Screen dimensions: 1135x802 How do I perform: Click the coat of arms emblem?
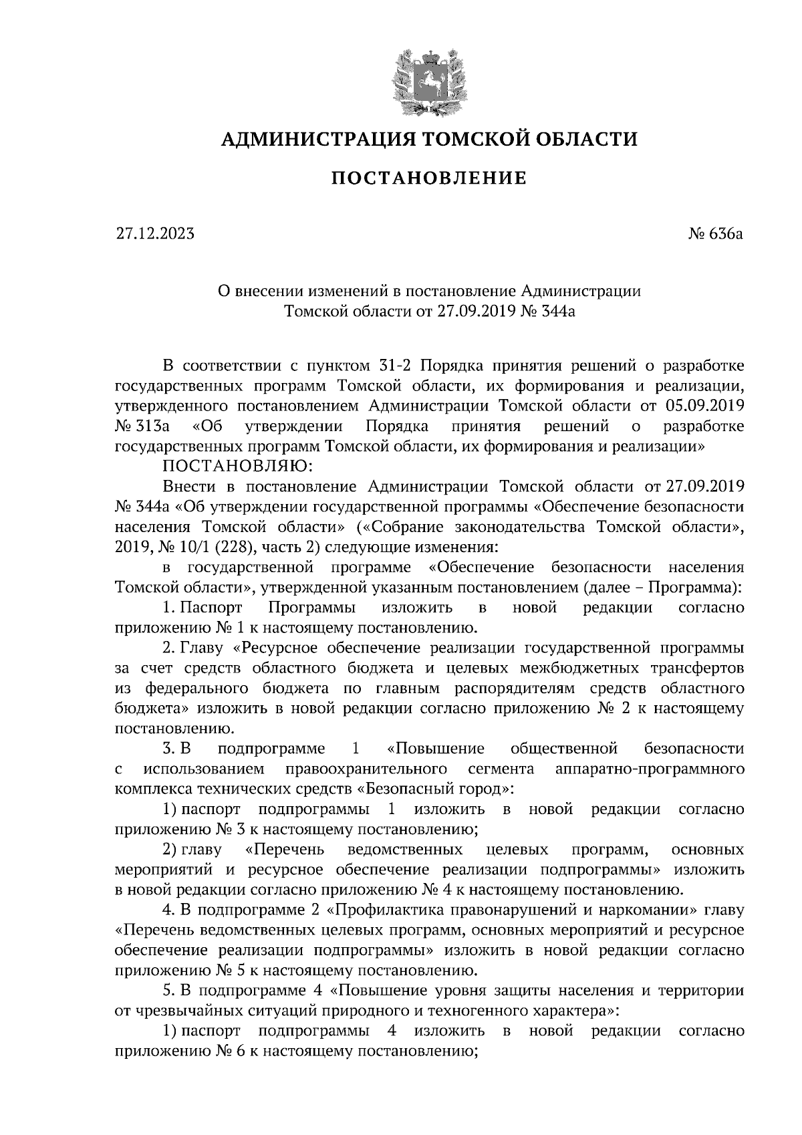(429, 81)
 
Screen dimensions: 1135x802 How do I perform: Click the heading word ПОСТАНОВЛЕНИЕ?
(429, 178)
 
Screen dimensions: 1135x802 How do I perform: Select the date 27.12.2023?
(155, 234)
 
